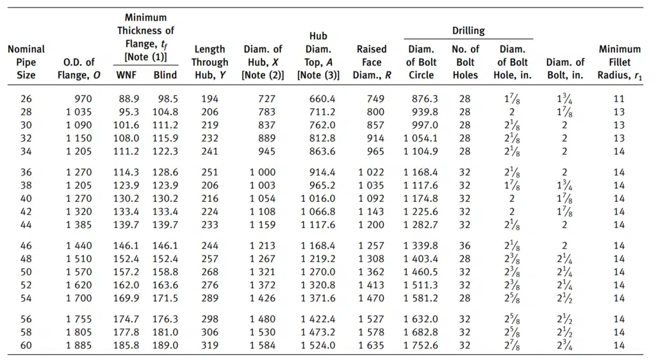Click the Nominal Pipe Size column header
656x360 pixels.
click(26, 62)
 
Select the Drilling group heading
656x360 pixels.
click(468, 31)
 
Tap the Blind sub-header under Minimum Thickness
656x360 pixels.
click(165, 75)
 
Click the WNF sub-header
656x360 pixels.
click(126, 75)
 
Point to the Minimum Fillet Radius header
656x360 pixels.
click(619, 62)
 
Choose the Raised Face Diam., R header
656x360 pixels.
click(372, 62)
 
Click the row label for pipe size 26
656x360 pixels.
click(26, 99)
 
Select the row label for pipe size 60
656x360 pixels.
click(26, 345)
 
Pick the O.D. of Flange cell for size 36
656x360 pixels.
click(79, 172)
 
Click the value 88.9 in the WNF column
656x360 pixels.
click(129, 99)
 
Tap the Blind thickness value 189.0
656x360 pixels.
click(165, 345)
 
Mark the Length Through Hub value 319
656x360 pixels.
click(209, 345)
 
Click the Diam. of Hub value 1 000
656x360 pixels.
click(263, 172)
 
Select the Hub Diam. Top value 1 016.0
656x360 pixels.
click(318, 199)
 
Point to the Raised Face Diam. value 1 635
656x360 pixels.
click(371, 345)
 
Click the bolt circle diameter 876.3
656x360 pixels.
click(425, 99)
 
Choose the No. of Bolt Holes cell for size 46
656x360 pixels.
click(465, 246)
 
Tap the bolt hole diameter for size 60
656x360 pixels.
click(512, 346)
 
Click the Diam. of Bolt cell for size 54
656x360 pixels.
click(565, 299)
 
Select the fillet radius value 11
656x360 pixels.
click(619, 99)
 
